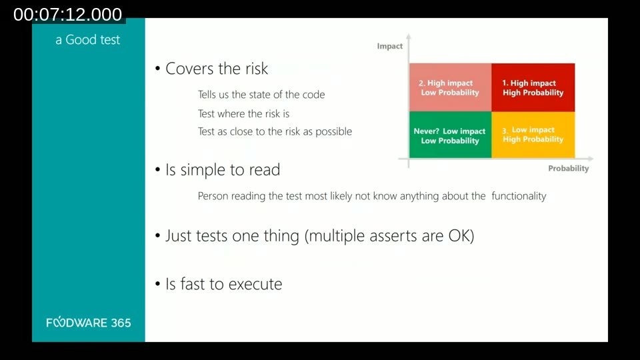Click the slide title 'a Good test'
(x=87, y=40)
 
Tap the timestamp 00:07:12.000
(x=67, y=15)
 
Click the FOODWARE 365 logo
(x=89, y=323)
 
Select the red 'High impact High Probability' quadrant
(x=533, y=87)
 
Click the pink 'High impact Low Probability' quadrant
(x=450, y=87)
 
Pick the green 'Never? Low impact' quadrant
(x=450, y=135)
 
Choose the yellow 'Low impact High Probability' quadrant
(x=533, y=135)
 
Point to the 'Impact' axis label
(x=390, y=46)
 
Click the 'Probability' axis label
(x=568, y=169)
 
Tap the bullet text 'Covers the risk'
(x=216, y=69)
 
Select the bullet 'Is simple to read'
(x=222, y=170)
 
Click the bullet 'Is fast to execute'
(x=223, y=284)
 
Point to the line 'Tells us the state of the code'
(x=261, y=95)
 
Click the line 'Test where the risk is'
(x=243, y=114)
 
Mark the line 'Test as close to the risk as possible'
(x=275, y=131)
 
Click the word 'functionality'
(x=519, y=196)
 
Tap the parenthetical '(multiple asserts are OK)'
(x=389, y=236)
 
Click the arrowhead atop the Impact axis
(x=409, y=37)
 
